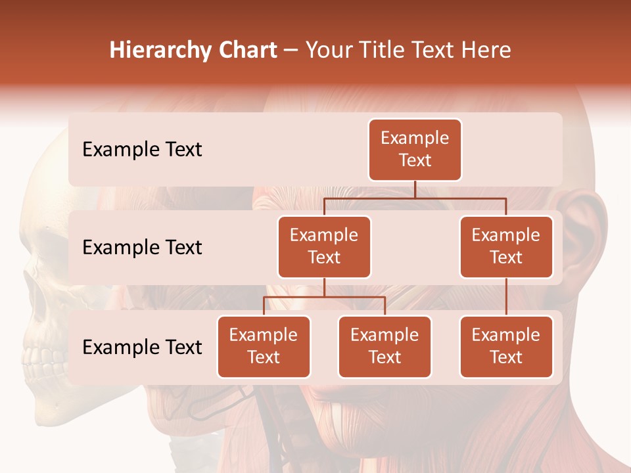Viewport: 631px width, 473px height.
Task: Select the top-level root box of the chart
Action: click(x=415, y=150)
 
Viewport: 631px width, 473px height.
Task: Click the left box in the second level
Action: click(x=324, y=246)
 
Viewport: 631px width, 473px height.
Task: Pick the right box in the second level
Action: click(x=506, y=246)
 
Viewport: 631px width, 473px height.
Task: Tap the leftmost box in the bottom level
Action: click(x=264, y=346)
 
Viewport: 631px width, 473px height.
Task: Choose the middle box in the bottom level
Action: click(x=385, y=346)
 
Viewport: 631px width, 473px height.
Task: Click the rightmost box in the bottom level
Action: click(x=506, y=346)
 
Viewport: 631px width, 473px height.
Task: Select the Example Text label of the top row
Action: click(x=142, y=150)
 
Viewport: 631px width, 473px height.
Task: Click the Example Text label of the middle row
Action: click(x=142, y=248)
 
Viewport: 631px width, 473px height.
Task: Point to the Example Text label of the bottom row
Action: click(x=142, y=347)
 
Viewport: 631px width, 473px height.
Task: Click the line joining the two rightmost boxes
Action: click(x=506, y=297)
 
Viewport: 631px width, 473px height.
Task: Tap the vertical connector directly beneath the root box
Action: click(x=415, y=189)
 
